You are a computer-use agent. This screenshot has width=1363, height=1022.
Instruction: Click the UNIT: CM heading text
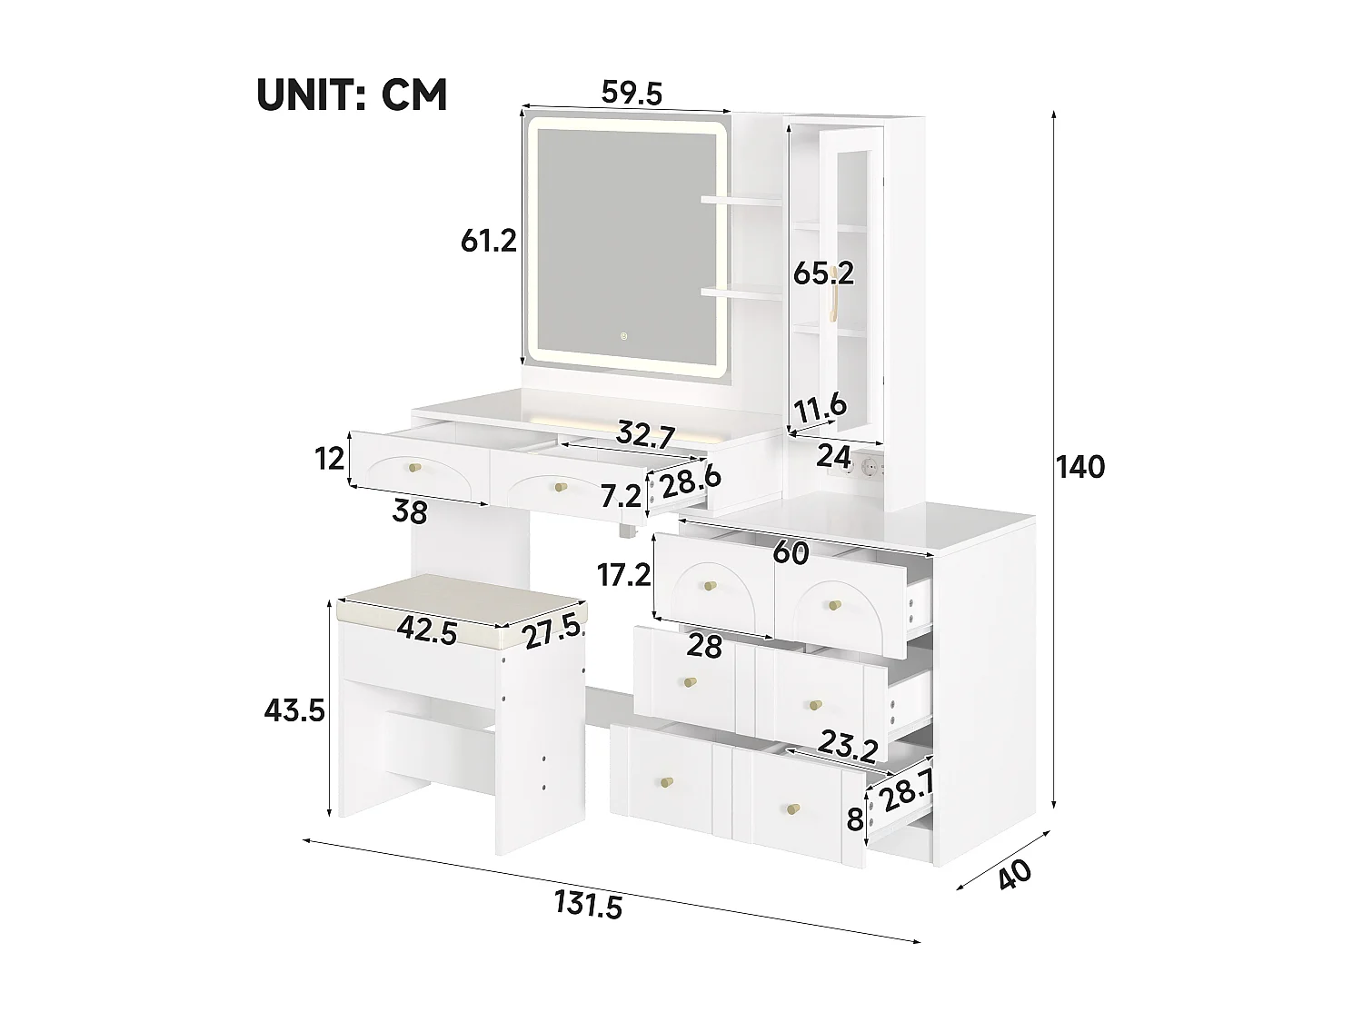click(x=352, y=94)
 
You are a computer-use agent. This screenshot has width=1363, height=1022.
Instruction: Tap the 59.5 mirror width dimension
click(x=632, y=93)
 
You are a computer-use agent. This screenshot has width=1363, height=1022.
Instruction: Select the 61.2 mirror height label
click(x=488, y=241)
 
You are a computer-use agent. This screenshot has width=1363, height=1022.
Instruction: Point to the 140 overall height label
click(x=1079, y=467)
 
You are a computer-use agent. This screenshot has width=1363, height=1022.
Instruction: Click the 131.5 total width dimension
click(x=588, y=905)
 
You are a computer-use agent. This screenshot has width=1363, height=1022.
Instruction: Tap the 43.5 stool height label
click(x=293, y=710)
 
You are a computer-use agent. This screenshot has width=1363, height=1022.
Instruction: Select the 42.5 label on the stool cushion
click(x=426, y=631)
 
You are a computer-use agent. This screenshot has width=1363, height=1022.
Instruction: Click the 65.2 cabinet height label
click(x=823, y=273)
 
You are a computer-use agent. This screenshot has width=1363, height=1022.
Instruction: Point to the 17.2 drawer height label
click(x=622, y=575)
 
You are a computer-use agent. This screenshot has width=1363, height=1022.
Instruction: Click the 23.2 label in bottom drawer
click(x=846, y=748)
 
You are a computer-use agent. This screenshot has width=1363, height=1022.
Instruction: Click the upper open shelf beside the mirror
click(x=741, y=198)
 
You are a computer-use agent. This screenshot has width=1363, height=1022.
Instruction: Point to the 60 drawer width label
click(x=792, y=552)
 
